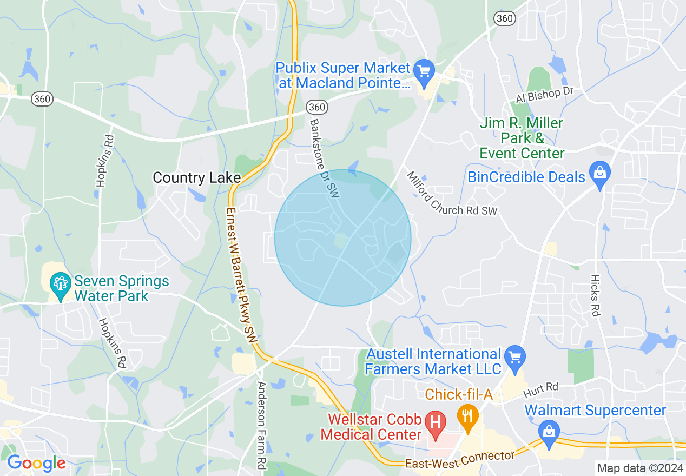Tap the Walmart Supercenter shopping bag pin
click(549, 432)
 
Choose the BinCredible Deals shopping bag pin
click(599, 173)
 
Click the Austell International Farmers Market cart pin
click(514, 356)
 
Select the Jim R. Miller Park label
click(522, 138)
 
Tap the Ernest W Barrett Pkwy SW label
click(240, 270)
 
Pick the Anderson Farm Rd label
click(262, 425)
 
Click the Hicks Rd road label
click(596, 295)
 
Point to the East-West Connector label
click(460, 459)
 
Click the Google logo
click(36, 463)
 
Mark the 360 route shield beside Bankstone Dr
click(317, 107)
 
